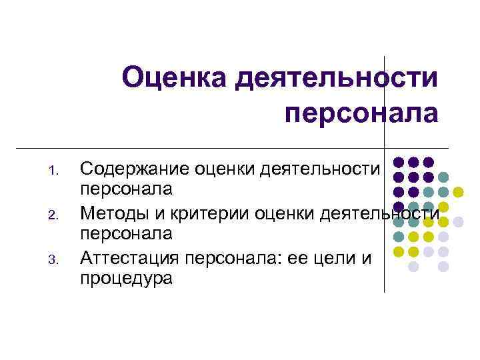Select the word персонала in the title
pos(361,113)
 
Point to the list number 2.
pos(56,215)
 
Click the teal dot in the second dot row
pos(443,177)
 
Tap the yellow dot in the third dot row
pos(458,192)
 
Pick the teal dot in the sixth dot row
pos(399,237)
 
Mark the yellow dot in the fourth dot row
pos(443,207)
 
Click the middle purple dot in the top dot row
pos(413,162)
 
